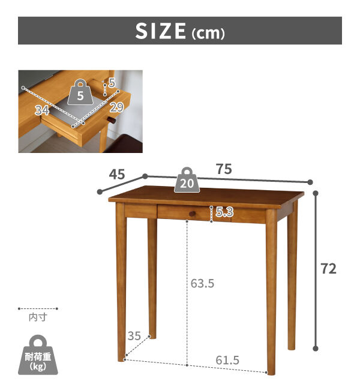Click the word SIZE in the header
point(160,31)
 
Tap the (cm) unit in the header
point(208,34)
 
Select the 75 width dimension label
point(224,169)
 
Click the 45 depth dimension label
point(116,174)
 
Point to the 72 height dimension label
point(328,269)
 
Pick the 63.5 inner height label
point(202,284)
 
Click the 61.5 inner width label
point(227,360)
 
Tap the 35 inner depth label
point(134,336)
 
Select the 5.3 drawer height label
point(224,212)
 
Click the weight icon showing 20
point(187,180)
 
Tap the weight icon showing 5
point(80,92)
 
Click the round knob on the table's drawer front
point(192,214)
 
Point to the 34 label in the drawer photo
point(42,110)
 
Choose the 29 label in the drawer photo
point(116,107)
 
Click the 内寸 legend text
point(38,317)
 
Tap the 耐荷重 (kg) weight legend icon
point(38,355)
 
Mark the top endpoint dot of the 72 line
point(316,193)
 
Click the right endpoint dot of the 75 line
point(310,182)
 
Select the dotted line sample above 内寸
point(38,308)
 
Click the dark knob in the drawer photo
point(112,121)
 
